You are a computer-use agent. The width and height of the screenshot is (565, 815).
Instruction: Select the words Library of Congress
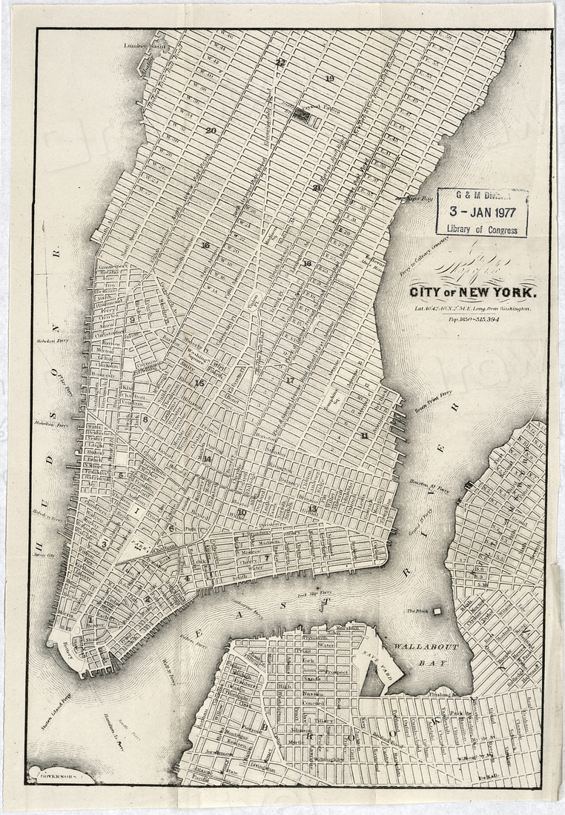(x=482, y=229)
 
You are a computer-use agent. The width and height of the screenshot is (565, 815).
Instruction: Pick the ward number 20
(x=211, y=130)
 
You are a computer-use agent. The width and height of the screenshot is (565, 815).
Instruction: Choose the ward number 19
(x=329, y=79)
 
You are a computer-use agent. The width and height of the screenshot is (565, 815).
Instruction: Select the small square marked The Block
(x=437, y=611)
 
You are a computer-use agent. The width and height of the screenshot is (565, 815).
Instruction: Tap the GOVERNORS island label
(x=53, y=777)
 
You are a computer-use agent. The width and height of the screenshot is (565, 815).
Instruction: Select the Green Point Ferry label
(x=434, y=404)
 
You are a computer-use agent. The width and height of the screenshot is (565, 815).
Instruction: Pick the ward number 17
(x=290, y=380)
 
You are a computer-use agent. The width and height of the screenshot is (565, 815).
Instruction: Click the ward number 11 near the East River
(x=364, y=435)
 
